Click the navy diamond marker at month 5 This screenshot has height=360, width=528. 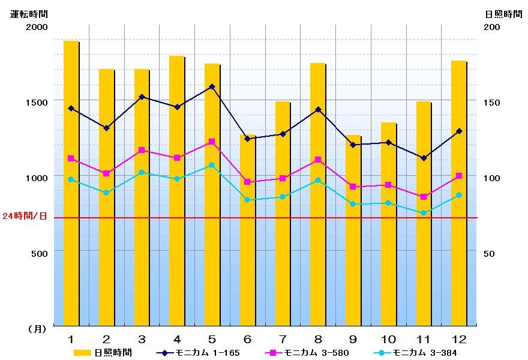click(212, 86)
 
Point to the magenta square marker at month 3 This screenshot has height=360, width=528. click(142, 150)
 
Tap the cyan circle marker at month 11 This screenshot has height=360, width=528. click(424, 213)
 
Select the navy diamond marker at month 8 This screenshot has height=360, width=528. click(318, 109)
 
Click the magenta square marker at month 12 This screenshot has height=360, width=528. click(459, 176)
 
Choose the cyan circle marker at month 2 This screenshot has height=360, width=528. click(106, 193)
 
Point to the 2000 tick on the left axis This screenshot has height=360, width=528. click(36, 27)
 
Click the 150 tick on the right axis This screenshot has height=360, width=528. click(492, 103)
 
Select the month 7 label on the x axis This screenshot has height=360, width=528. click(283, 338)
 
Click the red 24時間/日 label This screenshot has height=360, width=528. click(25, 216)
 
